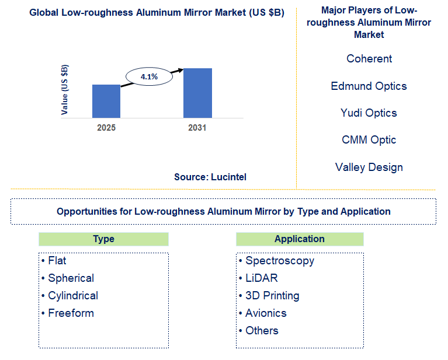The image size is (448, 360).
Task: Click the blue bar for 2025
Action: click(x=106, y=101)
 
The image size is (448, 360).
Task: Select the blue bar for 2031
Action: click(x=197, y=93)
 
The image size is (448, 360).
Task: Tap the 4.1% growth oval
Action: click(x=150, y=76)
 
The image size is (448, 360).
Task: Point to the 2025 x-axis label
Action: click(x=106, y=127)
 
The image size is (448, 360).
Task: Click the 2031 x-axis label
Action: click(x=197, y=127)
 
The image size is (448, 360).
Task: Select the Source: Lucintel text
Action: click(x=210, y=176)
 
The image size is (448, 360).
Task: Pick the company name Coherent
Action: click(x=369, y=59)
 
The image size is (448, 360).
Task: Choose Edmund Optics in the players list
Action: click(x=369, y=86)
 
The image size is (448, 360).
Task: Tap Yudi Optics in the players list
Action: click(x=369, y=113)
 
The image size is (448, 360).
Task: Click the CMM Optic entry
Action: click(x=369, y=139)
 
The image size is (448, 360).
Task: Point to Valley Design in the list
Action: click(x=369, y=167)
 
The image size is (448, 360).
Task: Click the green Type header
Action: click(x=103, y=239)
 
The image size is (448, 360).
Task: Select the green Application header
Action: click(x=299, y=239)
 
